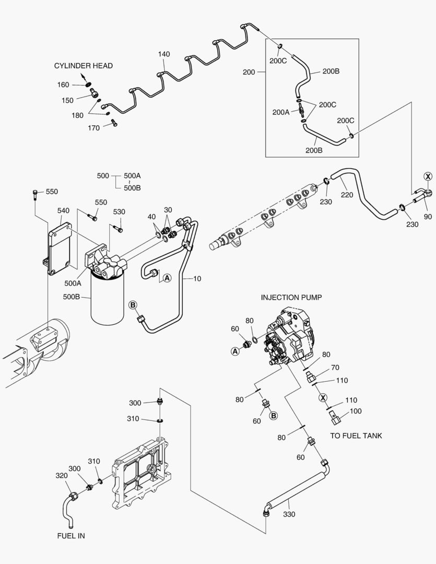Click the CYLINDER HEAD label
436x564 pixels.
click(x=83, y=66)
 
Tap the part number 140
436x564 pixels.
click(x=163, y=54)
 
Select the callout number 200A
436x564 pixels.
click(x=280, y=112)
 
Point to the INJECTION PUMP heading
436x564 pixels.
click(x=291, y=297)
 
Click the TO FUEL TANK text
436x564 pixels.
click(x=356, y=436)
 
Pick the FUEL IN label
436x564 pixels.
click(x=71, y=536)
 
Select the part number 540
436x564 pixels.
click(x=63, y=210)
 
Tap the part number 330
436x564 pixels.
click(x=289, y=514)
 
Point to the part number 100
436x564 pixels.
click(x=355, y=411)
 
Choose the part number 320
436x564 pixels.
click(x=62, y=475)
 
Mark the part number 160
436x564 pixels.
click(x=63, y=85)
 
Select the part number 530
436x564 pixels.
click(x=119, y=211)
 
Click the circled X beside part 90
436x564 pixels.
click(x=428, y=177)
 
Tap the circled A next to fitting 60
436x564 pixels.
click(x=235, y=351)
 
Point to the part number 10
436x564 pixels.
click(x=197, y=278)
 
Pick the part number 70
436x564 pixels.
click(x=335, y=368)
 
